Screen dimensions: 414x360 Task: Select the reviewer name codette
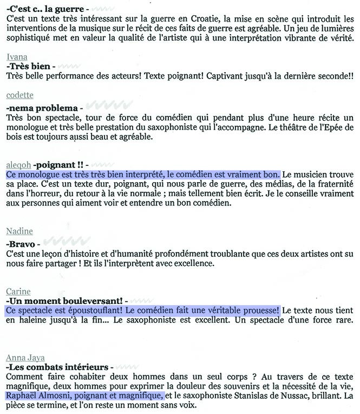[19, 95]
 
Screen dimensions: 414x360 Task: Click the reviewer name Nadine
[19, 231]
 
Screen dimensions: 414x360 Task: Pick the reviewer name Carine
[18, 292]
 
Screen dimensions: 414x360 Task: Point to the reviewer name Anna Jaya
[25, 358]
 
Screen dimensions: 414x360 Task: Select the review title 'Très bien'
[31, 66]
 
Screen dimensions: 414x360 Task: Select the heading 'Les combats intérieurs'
[56, 367]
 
